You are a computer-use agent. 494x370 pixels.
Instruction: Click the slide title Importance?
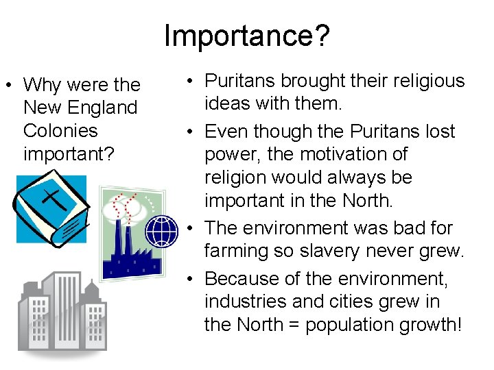246,36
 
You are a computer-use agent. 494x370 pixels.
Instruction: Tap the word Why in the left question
43,86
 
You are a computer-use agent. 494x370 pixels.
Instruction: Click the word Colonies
60,131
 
